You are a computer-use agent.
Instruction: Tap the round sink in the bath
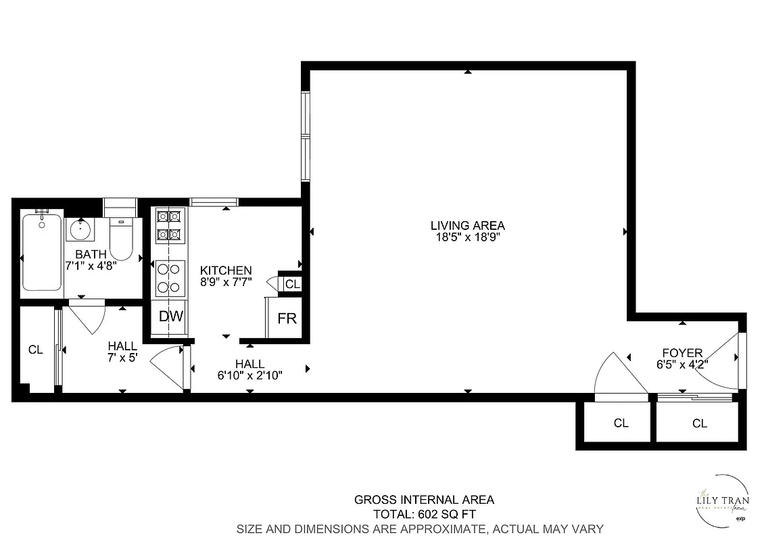tap(80, 230)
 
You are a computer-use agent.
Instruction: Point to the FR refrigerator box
tap(287, 318)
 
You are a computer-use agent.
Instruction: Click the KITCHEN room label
tap(226, 270)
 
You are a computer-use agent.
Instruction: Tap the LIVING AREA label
tap(468, 226)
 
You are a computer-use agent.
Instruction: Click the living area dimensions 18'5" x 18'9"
tap(468, 237)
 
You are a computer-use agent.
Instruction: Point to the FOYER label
tap(682, 353)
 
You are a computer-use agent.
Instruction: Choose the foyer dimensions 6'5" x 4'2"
tap(682, 364)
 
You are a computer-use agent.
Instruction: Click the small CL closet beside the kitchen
tap(292, 284)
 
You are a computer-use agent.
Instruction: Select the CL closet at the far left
tap(35, 350)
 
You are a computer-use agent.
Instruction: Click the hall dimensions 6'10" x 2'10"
tap(249, 375)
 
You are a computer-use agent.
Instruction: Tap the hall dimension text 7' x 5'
tap(122, 358)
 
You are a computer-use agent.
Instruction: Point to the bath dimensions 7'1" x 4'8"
tap(91, 266)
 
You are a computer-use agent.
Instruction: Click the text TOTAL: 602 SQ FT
tap(424, 514)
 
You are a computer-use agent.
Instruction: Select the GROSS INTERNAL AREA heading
tap(424, 500)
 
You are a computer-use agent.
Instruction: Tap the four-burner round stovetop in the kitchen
tap(170, 278)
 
